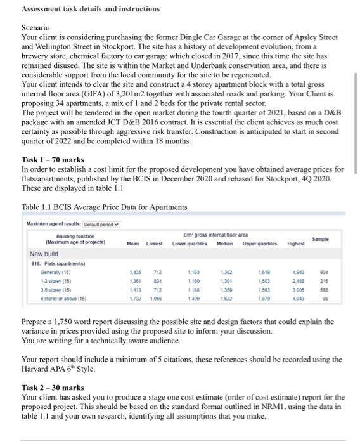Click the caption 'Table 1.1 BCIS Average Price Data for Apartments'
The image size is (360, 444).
pyautogui.click(x=104, y=207)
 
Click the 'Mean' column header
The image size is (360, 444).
pyautogui.click(x=133, y=243)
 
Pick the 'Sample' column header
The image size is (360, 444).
pyautogui.click(x=329, y=240)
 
